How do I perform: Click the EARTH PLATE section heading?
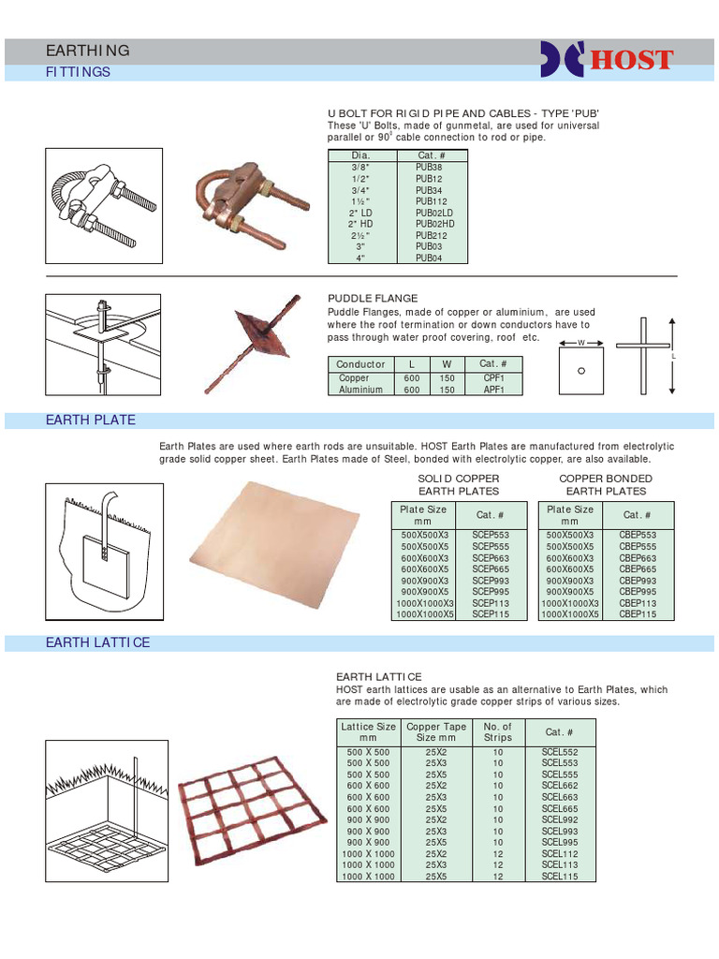(91, 420)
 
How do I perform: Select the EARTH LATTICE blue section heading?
(98, 642)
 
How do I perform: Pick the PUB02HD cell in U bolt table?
(434, 224)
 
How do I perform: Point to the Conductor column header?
(360, 364)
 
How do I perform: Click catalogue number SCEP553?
(491, 535)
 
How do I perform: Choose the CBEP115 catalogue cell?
(638, 614)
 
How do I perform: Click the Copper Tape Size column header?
(435, 731)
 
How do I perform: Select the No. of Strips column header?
(497, 731)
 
